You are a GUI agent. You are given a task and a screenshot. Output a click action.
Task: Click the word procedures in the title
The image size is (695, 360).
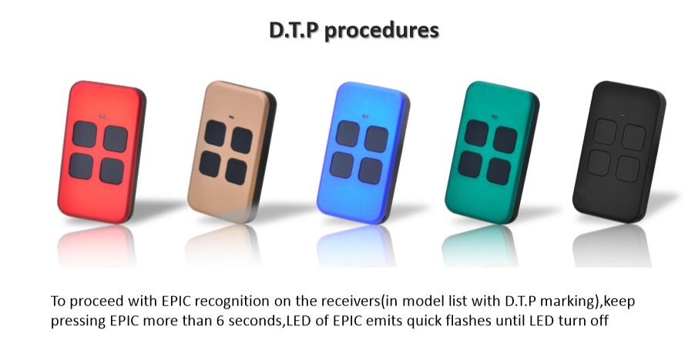pyautogui.click(x=381, y=31)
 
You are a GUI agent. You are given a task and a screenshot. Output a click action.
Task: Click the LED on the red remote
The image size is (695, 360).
pyautogui.click(x=102, y=117)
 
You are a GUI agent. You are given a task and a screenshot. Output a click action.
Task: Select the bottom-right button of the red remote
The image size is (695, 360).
pyautogui.click(x=112, y=170)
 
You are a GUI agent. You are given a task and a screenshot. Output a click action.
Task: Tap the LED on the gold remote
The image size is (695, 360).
pyautogui.click(x=232, y=117)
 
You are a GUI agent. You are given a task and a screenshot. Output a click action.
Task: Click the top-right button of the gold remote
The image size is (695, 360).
pyautogui.click(x=242, y=140)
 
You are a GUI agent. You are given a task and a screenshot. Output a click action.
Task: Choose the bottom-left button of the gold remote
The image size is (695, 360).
pyautogui.click(x=210, y=163)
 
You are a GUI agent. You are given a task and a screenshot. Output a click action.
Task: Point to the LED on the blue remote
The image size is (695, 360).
pyautogui.click(x=365, y=116)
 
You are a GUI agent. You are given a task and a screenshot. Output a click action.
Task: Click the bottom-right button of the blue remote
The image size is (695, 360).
pyautogui.click(x=371, y=170)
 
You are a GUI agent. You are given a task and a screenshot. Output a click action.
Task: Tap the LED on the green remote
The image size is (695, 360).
pyautogui.click(x=495, y=117)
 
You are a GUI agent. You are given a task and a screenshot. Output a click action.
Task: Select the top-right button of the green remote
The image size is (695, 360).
pyautogui.click(x=505, y=140)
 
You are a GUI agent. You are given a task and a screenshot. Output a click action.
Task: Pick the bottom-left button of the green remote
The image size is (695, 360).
pyautogui.click(x=470, y=164)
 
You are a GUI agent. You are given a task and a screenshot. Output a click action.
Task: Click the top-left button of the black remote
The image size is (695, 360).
pyautogui.click(x=605, y=132)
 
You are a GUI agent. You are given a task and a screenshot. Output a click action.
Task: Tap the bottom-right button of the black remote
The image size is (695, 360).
pyautogui.click(x=628, y=169)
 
